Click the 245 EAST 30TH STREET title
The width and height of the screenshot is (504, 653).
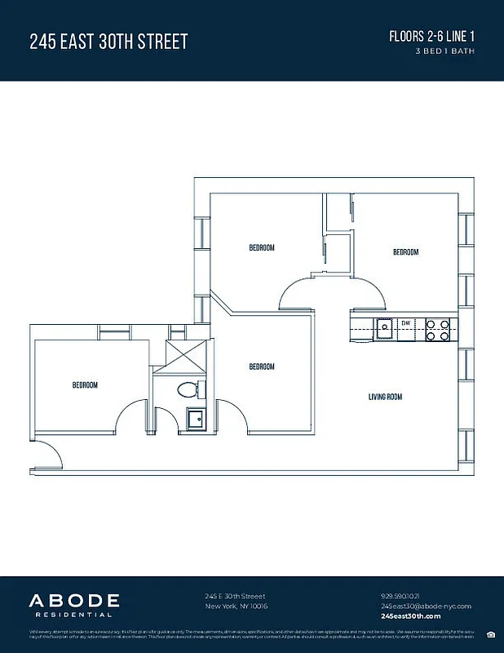(x=108, y=42)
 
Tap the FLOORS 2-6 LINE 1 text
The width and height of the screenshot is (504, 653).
(x=432, y=38)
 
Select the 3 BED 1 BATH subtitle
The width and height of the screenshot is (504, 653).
(x=444, y=51)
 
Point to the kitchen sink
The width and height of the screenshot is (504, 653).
(x=384, y=328)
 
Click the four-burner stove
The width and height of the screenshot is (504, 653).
(x=439, y=328)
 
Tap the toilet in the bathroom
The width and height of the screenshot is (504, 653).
(x=184, y=389)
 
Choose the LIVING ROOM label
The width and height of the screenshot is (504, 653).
(x=385, y=398)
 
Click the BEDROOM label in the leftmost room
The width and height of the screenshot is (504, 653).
(x=85, y=385)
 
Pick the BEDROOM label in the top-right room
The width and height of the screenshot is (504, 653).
(x=405, y=252)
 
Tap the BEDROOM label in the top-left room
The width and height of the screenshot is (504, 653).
(x=262, y=247)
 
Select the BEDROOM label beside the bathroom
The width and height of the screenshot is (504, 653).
(x=262, y=366)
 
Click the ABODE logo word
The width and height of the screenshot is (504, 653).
(x=75, y=601)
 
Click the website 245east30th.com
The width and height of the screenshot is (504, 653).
(x=410, y=616)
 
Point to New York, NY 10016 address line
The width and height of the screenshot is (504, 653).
(x=237, y=606)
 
